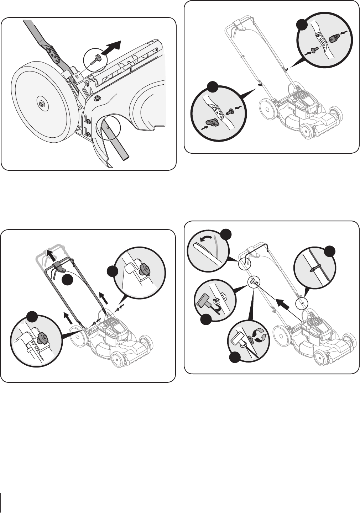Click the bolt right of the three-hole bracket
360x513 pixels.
230,112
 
